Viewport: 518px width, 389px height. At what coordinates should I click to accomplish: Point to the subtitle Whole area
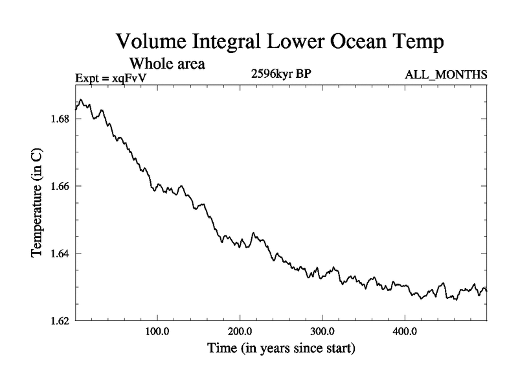167,64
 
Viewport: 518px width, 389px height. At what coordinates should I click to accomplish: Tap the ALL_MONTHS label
445,76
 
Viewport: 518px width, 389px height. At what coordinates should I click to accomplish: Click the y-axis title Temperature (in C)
38,210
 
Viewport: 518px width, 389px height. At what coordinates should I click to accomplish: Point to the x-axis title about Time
281,349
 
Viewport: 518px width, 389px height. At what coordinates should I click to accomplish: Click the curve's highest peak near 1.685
80,100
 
